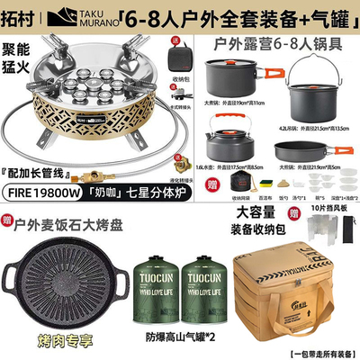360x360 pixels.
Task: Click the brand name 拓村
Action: click(x=21, y=15)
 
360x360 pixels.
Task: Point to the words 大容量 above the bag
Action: click(x=256, y=213)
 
